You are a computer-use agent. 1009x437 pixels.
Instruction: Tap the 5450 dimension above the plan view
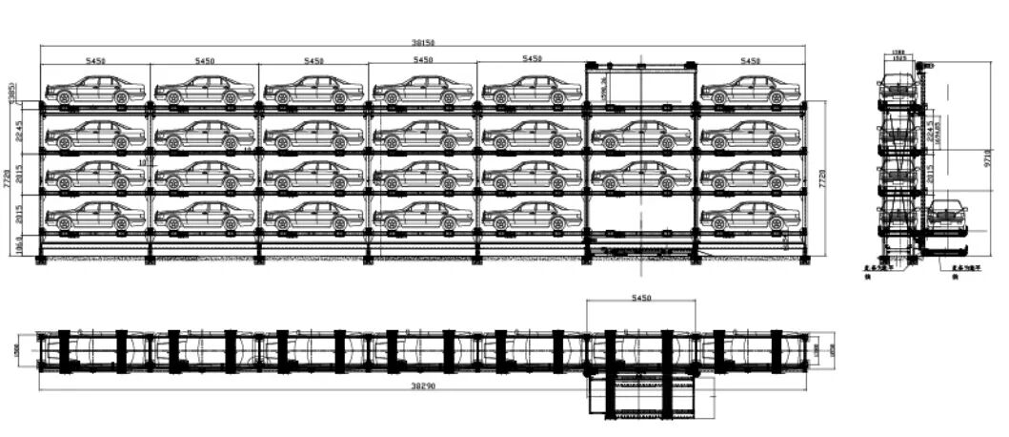click(x=641, y=299)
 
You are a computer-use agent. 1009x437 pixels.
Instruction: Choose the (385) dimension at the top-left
click(x=11, y=93)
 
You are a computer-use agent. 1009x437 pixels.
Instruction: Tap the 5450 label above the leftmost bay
click(x=95, y=60)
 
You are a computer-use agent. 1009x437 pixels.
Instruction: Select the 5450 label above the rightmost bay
click(x=750, y=60)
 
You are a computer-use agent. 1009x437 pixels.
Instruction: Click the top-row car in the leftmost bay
click(x=95, y=90)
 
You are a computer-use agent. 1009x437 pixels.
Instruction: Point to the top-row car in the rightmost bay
click(x=750, y=90)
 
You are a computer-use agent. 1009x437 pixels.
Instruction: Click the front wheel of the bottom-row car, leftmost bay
click(x=64, y=223)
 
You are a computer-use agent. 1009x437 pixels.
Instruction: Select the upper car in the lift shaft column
click(x=641, y=134)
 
